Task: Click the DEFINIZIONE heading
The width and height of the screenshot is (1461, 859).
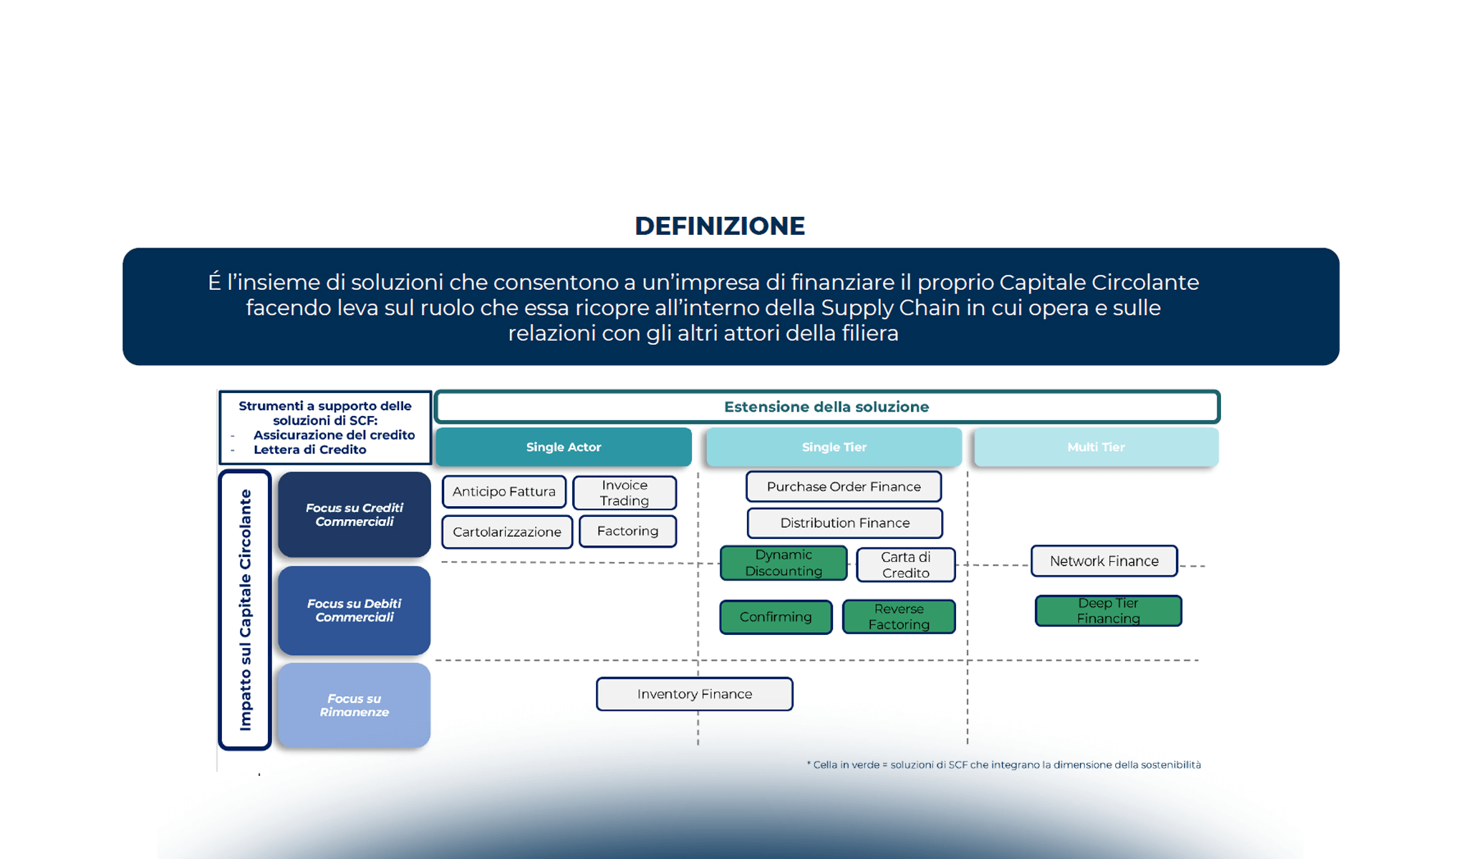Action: click(x=720, y=226)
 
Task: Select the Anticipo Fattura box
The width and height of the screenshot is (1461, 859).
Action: click(x=504, y=492)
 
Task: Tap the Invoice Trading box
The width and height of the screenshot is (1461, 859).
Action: click(x=625, y=493)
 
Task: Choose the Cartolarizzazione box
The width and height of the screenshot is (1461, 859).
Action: click(x=507, y=532)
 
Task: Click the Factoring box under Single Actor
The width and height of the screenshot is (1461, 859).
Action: click(x=627, y=531)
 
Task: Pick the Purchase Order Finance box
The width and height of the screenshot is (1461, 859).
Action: click(x=844, y=487)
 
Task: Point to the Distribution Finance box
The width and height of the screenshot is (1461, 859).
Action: click(x=845, y=523)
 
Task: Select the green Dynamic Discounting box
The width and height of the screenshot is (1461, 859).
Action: click(x=783, y=563)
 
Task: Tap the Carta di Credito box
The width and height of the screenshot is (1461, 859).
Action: click(x=906, y=565)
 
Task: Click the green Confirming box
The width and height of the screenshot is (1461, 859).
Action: click(x=776, y=617)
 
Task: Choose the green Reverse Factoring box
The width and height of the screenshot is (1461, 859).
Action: click(x=899, y=617)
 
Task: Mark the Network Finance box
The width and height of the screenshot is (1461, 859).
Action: click(x=1104, y=561)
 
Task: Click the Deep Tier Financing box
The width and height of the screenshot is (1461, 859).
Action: click(x=1109, y=611)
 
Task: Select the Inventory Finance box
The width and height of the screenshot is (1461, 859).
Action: click(x=695, y=694)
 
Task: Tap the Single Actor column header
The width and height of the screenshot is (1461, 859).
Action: click(x=564, y=447)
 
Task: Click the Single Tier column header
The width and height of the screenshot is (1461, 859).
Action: click(x=834, y=447)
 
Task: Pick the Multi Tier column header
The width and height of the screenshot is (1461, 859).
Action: click(x=1096, y=447)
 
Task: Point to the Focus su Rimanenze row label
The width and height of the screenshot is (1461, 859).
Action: click(x=355, y=706)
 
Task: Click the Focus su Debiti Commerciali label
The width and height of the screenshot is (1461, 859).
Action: click(x=355, y=611)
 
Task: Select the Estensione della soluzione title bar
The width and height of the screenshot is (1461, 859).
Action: click(x=826, y=407)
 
